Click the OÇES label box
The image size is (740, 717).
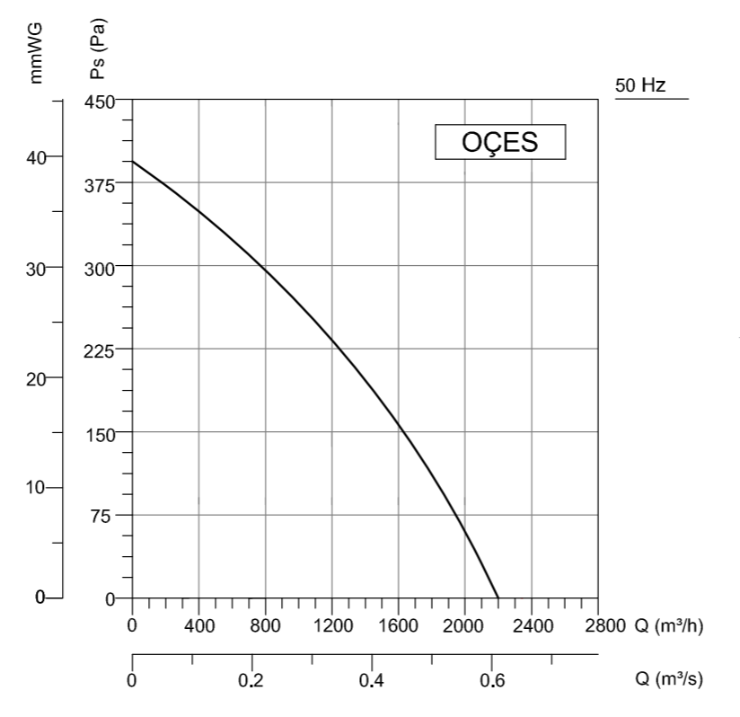pos(500,142)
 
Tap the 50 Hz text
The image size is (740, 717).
pos(640,86)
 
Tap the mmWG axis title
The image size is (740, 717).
pos(37,54)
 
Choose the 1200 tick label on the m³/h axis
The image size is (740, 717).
pos(331,625)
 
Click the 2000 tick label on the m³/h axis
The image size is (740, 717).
pos(464,625)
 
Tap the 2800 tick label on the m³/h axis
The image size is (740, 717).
pos(598,625)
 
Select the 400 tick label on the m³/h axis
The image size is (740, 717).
pos(198,625)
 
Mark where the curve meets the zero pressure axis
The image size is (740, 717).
pos(498,597)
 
